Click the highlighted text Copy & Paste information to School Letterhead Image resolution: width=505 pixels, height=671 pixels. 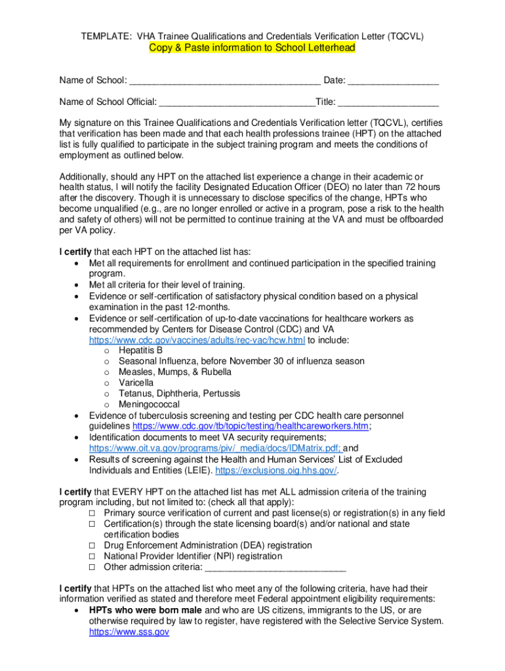tap(252, 48)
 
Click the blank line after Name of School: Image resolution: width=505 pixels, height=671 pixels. tap(224, 81)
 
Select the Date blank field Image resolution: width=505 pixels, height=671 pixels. tap(393, 81)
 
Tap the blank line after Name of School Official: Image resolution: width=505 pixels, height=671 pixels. tap(237, 102)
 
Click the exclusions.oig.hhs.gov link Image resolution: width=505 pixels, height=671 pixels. tap(276, 470)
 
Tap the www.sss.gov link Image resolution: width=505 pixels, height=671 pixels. tap(129, 632)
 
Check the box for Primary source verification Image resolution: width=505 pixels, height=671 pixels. tap(93, 513)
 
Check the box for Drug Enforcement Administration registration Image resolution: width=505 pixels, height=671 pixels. tap(93, 546)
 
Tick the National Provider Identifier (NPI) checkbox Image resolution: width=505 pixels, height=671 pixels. tap(93, 556)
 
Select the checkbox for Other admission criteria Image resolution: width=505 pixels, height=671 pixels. tap(93, 567)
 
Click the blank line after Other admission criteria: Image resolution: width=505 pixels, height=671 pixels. tap(275, 567)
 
